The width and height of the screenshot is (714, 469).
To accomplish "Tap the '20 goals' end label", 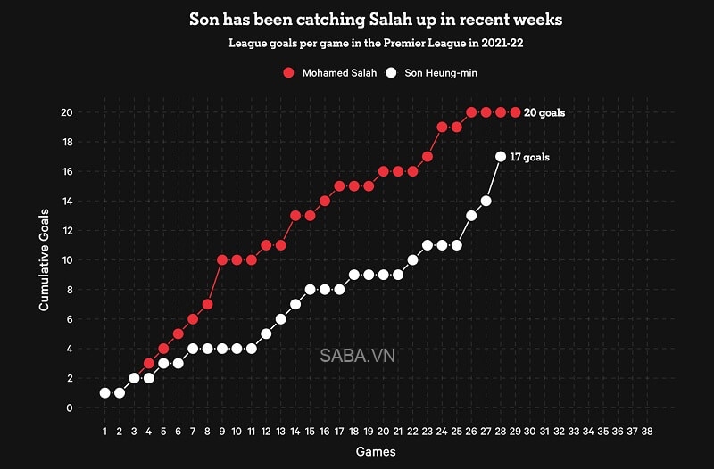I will coord(544,112).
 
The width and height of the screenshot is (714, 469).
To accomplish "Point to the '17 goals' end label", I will coord(529,157).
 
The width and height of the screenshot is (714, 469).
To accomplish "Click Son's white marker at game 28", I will coord(501,157).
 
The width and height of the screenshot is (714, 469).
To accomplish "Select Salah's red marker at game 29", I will coord(515,112).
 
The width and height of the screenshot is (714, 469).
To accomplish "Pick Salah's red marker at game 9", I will coord(222,260).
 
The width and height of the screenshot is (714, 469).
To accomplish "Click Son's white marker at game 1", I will coord(105,393).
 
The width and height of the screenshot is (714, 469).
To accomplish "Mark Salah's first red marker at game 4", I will coord(149,364).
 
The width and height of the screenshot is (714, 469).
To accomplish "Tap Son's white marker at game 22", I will coord(412,260).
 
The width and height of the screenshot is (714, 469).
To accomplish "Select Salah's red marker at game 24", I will coord(442,127).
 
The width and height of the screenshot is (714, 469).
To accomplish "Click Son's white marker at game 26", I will coord(471,216).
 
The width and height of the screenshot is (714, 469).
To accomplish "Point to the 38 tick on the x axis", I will coord(647,431).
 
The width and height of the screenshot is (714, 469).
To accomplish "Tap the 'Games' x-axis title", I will coord(375,452).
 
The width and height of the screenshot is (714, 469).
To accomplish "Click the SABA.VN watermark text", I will coord(357,355).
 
